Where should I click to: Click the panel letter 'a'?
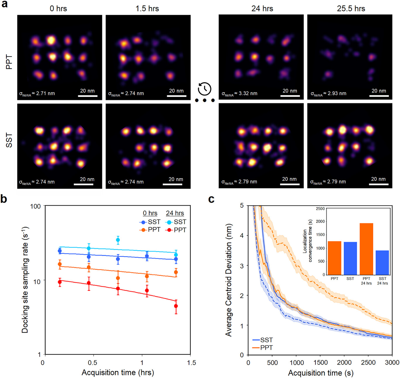pos(4,4)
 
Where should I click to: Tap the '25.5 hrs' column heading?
pos(351,9)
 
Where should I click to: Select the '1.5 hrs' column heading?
pos(147,9)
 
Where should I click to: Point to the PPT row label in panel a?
pos(9,62)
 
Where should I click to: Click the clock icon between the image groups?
pos(205,89)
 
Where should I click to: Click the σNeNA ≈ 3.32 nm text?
pos(239,94)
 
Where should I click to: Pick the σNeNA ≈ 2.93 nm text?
pos(328,94)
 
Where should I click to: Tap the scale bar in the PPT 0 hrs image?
pos(88,96)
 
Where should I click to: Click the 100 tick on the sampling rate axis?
pos(35,206)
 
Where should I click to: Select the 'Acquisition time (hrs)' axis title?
pos(118,372)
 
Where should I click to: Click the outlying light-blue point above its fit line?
pos(118,240)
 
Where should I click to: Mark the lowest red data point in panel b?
pos(176,306)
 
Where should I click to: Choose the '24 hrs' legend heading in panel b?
pos(175,213)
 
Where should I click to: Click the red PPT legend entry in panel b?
pos(176,230)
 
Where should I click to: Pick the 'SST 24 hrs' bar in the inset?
pos(382,262)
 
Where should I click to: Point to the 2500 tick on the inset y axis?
pos(320,209)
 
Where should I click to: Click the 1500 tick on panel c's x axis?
pos(321,362)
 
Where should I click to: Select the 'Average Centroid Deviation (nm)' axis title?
pos(229,280)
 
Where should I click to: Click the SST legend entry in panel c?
pos(263,340)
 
